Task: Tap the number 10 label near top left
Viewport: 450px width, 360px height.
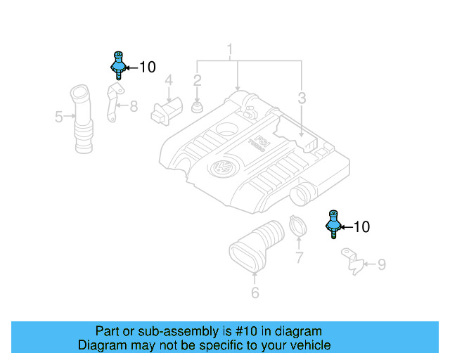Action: coord(147,67)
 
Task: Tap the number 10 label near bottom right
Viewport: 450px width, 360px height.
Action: coord(361,227)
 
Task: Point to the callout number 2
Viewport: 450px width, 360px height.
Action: coord(198,81)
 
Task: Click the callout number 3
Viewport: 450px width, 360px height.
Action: coord(302,98)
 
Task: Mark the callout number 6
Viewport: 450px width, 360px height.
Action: coord(255,292)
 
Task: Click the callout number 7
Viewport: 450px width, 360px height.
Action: coord(299,258)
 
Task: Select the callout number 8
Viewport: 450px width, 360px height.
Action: coord(134,106)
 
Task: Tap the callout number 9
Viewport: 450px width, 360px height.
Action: coord(381,264)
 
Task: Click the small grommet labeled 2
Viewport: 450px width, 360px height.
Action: coord(198,108)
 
